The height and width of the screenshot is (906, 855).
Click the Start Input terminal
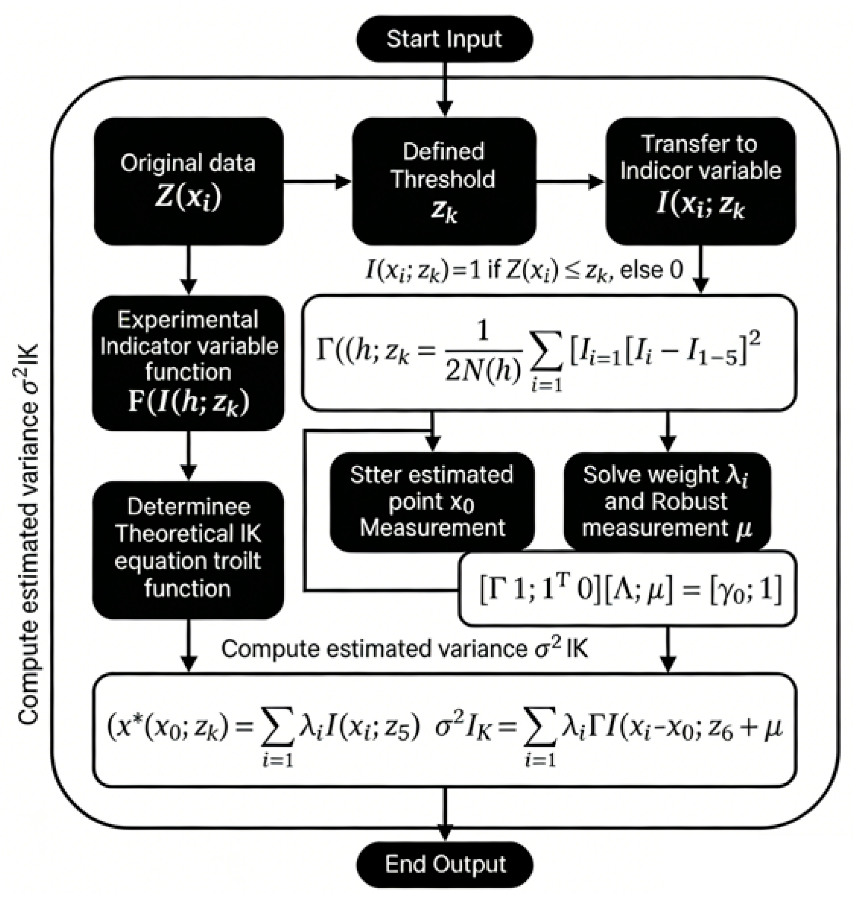[444, 39]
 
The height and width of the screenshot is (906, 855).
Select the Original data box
[188, 181]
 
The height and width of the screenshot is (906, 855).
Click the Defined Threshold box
[444, 181]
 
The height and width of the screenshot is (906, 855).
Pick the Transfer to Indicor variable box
[700, 181]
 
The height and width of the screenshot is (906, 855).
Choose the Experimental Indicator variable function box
[188, 363]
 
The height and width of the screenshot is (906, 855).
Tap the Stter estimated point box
[431, 501]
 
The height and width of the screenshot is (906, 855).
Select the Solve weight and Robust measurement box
[667, 501]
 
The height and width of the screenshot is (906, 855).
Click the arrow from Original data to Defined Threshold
[317, 182]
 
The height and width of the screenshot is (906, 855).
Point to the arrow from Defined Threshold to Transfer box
[570, 182]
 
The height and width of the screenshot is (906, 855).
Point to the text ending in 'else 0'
[524, 271]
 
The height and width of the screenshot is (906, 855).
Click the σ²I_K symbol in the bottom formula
[463, 727]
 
